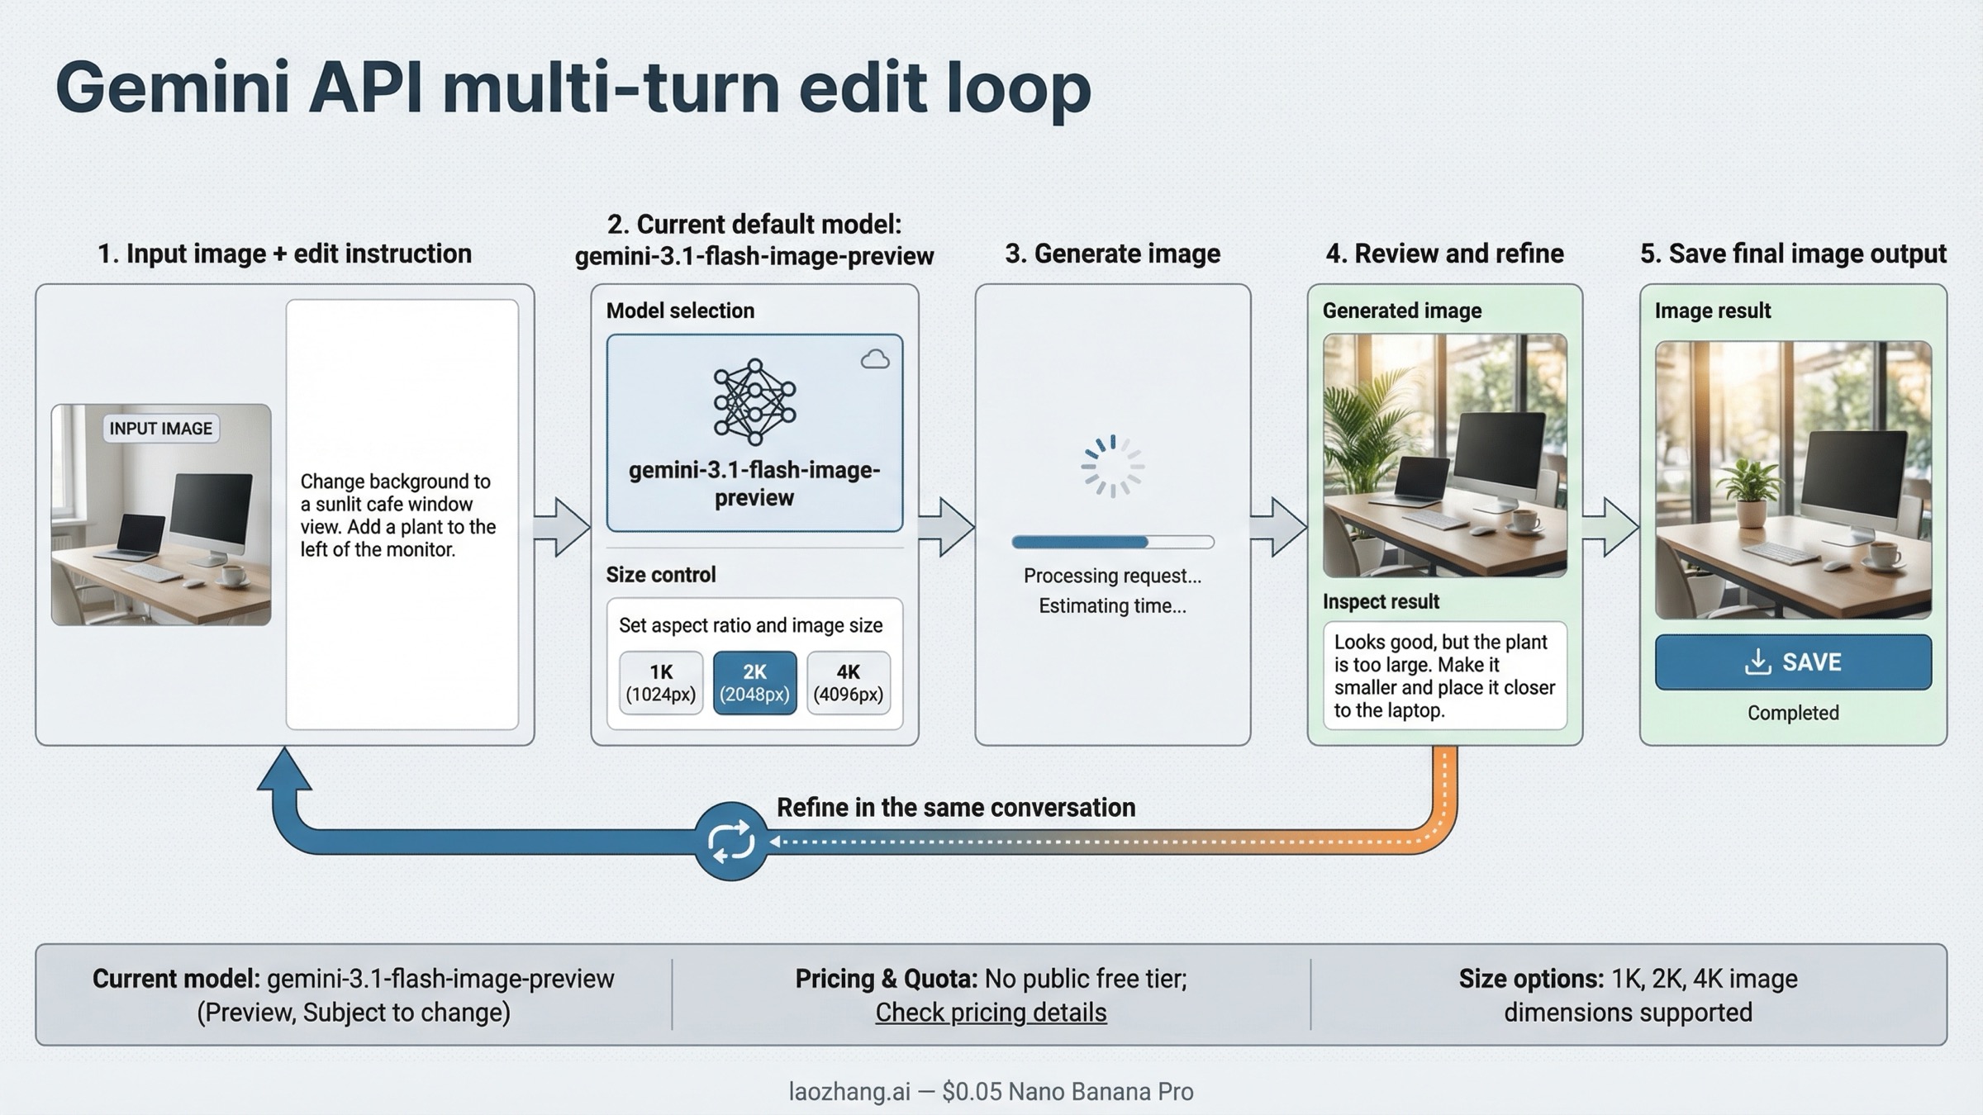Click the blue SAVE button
pos(1793,662)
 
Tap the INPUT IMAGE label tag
pos(161,429)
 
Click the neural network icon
pos(754,401)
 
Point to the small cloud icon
pos(875,359)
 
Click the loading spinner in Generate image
pos(1112,467)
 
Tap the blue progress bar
pos(1112,543)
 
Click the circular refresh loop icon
pos(730,841)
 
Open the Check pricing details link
pos(991,1013)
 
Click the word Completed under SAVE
pos(1793,713)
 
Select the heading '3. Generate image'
pos(1112,254)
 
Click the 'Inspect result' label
pos(1381,602)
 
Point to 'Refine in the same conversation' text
pos(956,807)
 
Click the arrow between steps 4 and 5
pos(1610,526)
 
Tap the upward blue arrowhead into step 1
pos(284,771)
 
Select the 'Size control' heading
pos(661,575)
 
